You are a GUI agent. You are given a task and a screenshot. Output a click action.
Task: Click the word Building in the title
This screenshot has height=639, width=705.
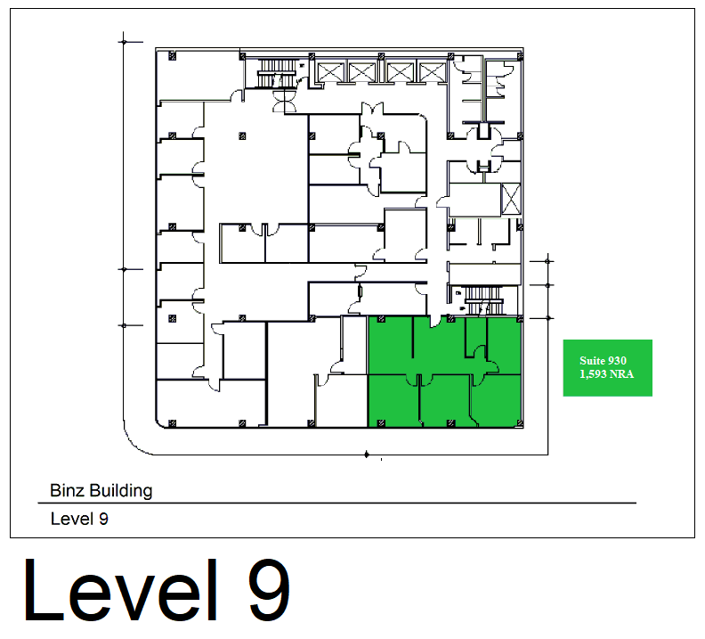pos(120,491)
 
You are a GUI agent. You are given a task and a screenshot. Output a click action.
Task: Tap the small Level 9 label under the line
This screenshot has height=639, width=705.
pos(79,519)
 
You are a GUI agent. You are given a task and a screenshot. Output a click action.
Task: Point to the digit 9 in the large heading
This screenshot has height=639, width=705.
pos(270,590)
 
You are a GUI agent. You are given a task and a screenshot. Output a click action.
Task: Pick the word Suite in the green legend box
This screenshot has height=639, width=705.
pos(591,360)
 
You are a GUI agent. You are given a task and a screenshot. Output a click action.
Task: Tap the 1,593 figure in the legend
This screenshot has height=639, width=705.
pos(593,374)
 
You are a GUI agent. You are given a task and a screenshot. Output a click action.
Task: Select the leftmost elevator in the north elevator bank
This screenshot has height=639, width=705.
pos(330,72)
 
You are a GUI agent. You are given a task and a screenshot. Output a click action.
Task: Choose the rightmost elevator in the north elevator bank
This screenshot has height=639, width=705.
pos(432,72)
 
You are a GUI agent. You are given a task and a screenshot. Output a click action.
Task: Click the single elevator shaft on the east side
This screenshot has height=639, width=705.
pos(511,199)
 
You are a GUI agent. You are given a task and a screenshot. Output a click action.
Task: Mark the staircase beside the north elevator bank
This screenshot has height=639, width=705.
pos(276,73)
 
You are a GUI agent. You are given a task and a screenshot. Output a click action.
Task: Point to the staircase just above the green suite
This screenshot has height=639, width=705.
pos(482,300)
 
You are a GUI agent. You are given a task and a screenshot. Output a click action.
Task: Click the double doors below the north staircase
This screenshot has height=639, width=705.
pos(285,101)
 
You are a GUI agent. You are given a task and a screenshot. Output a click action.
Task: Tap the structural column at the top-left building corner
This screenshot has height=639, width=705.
pos(172,56)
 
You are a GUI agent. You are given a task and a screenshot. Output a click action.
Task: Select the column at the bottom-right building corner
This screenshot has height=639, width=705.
pos(520,423)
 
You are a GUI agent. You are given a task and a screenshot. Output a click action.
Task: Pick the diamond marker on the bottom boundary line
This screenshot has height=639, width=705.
pos(367,455)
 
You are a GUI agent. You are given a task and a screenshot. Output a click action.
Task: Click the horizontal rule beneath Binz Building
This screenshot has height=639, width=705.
pos(337,503)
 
